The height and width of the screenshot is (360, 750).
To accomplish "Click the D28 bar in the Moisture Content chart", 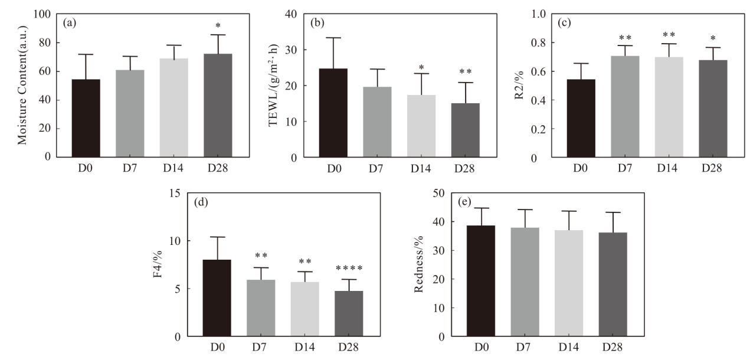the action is tap(218, 105).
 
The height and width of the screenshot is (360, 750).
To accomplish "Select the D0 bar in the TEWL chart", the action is tap(333, 113).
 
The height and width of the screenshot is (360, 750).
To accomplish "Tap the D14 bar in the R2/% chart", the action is tap(669, 107).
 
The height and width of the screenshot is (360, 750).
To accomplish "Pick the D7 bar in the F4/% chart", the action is tap(261, 307).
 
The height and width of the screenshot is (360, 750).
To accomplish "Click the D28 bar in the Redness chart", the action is tap(613, 284).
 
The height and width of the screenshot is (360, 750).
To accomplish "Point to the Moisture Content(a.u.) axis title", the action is tap(22, 85).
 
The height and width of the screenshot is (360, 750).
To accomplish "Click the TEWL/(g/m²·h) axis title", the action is tap(273, 85).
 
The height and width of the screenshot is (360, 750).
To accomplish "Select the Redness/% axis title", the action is tap(419, 264).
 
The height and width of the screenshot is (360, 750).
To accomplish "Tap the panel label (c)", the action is tap(564, 23).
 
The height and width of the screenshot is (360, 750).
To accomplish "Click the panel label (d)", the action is tap(201, 202).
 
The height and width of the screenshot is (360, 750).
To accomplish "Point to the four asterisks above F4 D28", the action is tap(349, 268).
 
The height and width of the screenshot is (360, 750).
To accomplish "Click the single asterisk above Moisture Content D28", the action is tap(218, 25).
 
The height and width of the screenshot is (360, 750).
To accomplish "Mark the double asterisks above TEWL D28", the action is tap(466, 71).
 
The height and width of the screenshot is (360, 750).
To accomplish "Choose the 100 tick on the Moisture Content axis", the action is tap(42, 14).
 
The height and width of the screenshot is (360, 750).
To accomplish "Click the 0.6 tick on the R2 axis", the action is tap(538, 71).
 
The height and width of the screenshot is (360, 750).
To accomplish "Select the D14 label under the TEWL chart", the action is tap(421, 168).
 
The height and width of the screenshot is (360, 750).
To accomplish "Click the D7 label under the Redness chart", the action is tap(523, 347).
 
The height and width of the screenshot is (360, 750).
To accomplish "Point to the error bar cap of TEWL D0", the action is tap(333, 38).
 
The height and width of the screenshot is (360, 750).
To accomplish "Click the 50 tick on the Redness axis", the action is tap(439, 193).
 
